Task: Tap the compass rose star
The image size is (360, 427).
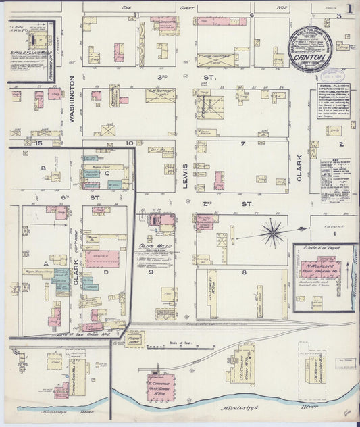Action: tap(274, 233)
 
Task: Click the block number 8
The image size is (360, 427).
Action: tap(244, 272)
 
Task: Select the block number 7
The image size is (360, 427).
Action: tap(241, 144)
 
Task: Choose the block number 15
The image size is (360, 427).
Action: tap(39, 143)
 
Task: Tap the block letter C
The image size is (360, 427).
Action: tap(108, 173)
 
